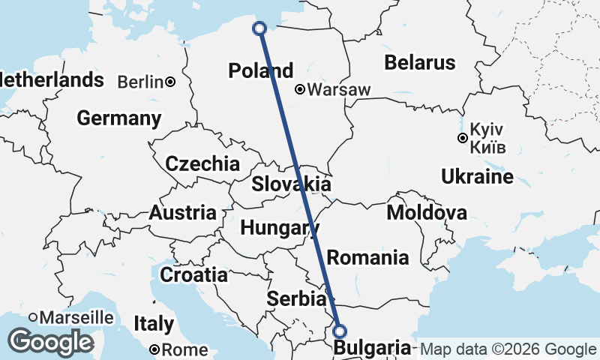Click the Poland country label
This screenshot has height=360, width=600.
(260, 71)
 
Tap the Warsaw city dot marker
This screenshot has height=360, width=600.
(300, 90)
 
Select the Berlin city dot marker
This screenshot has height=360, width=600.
(171, 82)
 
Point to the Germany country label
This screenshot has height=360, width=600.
(118, 118)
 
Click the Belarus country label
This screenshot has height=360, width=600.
(419, 62)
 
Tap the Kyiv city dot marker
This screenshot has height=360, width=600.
(463, 138)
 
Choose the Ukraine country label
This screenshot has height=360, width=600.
(477, 177)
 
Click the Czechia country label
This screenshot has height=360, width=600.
(202, 163)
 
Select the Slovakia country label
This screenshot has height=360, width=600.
(291, 184)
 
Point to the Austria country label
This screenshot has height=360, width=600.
(182, 213)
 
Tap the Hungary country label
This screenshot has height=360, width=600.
(275, 226)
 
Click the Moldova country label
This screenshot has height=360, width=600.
(426, 213)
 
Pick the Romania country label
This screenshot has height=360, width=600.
(367, 258)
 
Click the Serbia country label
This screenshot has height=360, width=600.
(296, 298)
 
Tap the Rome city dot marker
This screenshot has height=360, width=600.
(154, 349)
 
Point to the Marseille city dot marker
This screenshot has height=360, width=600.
(34, 318)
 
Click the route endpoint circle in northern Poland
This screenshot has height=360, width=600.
(259, 28)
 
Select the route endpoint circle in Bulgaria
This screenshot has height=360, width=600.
(340, 331)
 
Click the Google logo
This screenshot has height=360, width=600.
(50, 342)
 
